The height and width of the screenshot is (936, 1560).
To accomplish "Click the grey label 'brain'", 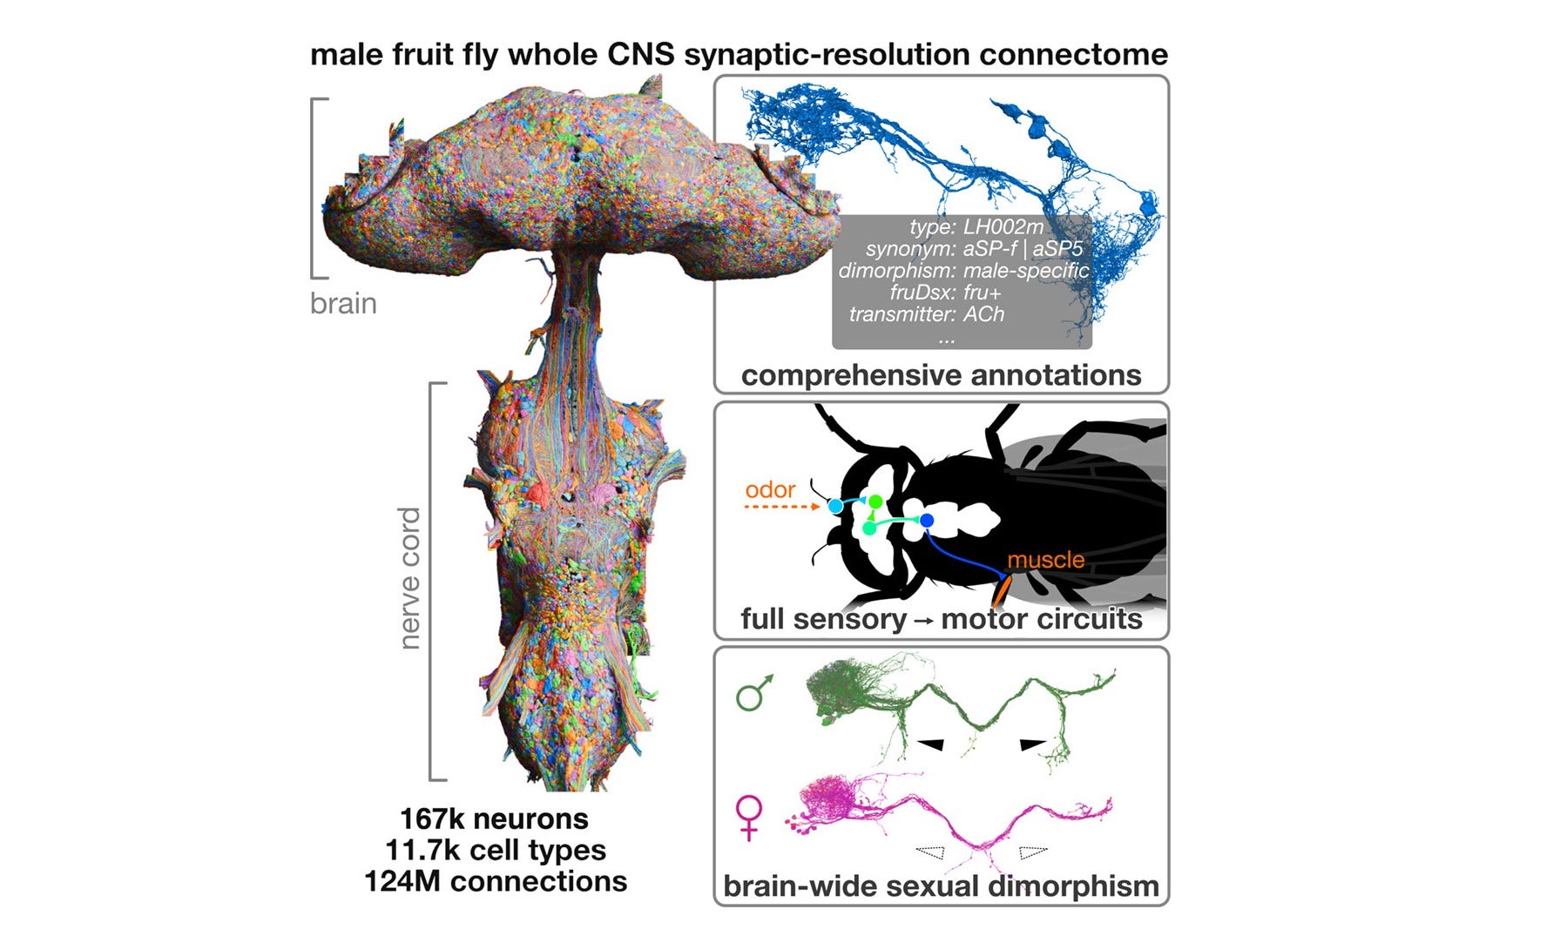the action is [343, 304].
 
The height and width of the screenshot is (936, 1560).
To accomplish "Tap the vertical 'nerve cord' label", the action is [409, 578].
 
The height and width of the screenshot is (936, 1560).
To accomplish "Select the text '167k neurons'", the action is [494, 819].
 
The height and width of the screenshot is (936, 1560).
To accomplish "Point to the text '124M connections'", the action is [496, 881].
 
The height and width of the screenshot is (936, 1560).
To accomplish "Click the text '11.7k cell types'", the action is [495, 850].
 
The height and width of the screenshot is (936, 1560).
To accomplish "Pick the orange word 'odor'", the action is [770, 489].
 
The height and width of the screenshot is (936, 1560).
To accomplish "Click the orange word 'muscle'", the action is [1046, 559].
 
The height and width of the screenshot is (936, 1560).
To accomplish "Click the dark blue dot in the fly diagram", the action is [927, 521].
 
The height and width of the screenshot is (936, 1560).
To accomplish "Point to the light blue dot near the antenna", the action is [835, 506].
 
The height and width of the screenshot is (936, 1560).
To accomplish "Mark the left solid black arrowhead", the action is [930, 744].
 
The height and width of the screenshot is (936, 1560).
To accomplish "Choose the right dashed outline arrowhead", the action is [1033, 851].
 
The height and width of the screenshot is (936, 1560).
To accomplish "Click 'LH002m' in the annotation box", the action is [1003, 227].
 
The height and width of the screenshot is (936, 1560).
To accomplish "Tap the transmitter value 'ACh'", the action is [983, 314].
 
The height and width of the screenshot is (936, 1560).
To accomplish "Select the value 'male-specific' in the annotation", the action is [1025, 271].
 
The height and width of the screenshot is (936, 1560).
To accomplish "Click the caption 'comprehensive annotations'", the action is [941, 375].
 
